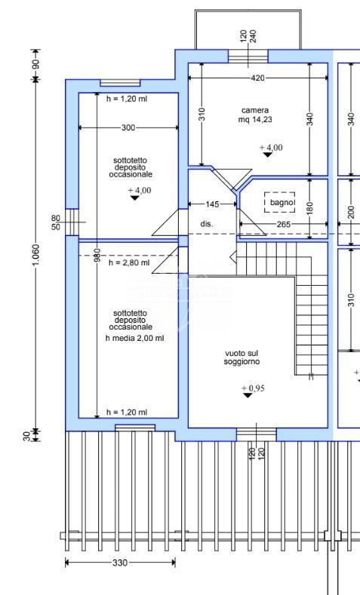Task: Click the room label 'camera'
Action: point(255,110)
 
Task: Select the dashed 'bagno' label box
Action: point(279,202)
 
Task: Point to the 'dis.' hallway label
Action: point(207,224)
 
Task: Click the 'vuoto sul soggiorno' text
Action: point(242,357)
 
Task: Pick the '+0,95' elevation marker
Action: point(253,388)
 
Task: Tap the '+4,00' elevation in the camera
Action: point(271,148)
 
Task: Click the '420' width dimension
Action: point(258,78)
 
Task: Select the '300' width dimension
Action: point(128,128)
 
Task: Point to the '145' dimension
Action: point(212,204)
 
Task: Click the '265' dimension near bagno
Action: point(283,224)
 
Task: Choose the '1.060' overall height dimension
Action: point(36,255)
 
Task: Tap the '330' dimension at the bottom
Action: point(120,563)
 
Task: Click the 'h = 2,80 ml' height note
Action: point(129,262)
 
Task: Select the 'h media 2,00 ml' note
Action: point(135,338)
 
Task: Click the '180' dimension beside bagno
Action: point(310,207)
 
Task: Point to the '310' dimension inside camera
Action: point(202,114)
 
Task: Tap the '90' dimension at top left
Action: point(36,65)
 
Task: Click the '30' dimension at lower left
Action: point(27,436)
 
